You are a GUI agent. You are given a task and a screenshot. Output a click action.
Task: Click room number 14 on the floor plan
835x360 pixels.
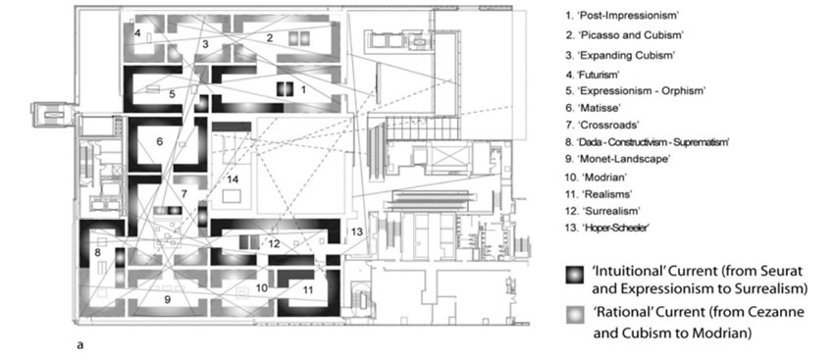pos(233,179)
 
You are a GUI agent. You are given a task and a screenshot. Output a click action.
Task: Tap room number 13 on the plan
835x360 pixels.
pos(356,231)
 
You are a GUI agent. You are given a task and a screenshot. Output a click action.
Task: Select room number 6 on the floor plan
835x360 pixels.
pos(159,141)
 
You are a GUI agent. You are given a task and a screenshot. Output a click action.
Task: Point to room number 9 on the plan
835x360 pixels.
pos(167,300)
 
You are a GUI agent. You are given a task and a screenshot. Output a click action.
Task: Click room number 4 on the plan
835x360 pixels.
pos(137,33)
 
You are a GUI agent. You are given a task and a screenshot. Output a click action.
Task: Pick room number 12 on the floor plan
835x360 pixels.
pos(275,244)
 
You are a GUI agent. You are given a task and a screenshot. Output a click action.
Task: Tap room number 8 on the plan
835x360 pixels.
pos(97,252)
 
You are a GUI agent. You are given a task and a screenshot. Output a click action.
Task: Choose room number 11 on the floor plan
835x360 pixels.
pos(308,290)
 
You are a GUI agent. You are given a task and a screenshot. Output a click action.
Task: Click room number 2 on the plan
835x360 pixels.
pos(270,38)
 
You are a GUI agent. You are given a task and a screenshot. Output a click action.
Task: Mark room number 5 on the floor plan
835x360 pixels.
pos(172,94)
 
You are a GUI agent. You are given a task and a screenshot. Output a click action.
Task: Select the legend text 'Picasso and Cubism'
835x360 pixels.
pos(625,35)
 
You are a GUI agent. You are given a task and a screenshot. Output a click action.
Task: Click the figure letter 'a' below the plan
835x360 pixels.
pos(80,345)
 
